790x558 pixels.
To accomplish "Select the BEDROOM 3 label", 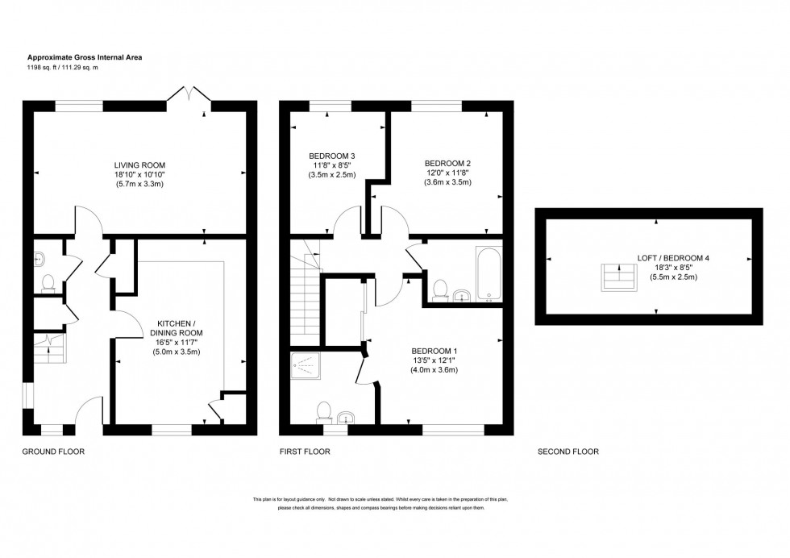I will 331,156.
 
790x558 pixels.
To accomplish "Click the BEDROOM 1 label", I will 434,351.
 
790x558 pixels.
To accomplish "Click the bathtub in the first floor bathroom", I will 489,273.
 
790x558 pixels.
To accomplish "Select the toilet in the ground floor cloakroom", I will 48,281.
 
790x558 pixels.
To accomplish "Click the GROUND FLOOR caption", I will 53,452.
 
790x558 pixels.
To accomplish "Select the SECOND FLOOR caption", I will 568,452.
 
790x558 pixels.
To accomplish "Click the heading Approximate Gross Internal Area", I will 85,57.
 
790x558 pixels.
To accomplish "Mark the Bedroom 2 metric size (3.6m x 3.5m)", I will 447,182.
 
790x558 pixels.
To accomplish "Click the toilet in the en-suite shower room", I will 325,411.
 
